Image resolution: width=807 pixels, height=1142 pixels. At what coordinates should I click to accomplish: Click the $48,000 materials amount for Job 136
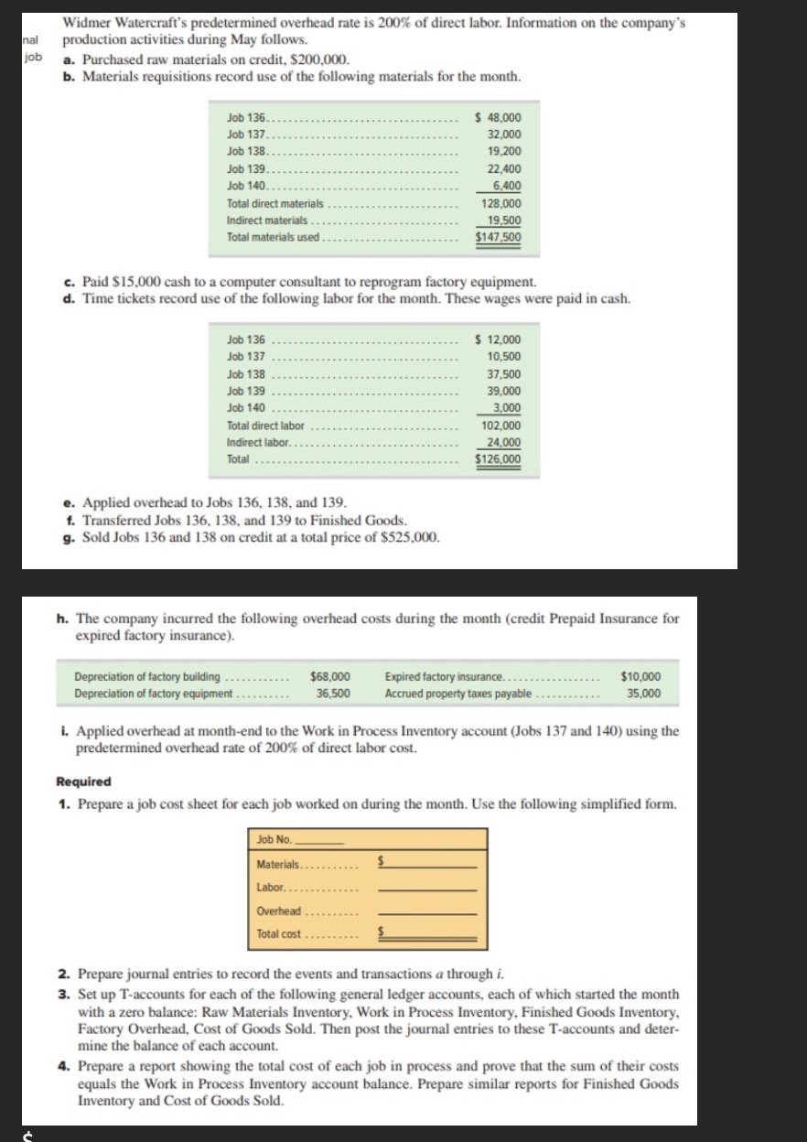500,117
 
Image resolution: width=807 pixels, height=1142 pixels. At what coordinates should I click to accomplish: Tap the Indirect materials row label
267,221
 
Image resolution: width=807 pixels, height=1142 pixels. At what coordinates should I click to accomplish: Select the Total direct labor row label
265,426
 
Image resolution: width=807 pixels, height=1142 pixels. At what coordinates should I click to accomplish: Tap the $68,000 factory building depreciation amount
331,676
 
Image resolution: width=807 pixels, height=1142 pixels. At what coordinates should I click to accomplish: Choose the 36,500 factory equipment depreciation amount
333,694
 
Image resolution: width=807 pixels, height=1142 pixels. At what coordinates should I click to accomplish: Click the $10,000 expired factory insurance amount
640,676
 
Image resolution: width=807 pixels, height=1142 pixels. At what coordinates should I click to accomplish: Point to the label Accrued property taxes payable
457,694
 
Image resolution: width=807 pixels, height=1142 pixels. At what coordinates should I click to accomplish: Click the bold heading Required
84,781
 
